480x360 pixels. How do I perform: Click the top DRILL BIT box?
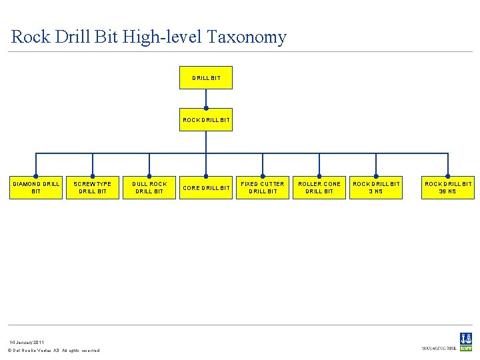pos(206,78)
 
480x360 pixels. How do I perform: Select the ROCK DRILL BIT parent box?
pos(206,120)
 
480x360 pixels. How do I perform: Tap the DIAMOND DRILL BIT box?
pos(36,187)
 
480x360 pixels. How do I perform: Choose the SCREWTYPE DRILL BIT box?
pos(93,187)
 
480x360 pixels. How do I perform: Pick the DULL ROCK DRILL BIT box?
pos(149,187)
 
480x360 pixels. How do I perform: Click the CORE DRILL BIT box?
pos(206,187)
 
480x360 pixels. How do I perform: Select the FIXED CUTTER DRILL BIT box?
pos(263,187)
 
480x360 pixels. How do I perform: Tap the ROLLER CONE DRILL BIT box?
pos(319,187)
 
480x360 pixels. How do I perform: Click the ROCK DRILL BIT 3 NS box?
pos(376,187)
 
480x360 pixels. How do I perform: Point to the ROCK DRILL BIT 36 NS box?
pos(448,187)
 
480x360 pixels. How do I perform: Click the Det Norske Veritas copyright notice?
pos(53,351)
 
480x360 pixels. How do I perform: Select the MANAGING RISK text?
pos(438,348)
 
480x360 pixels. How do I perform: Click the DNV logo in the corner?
pos(465,342)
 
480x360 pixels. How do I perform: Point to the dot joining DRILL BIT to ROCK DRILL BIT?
pos(206,108)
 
